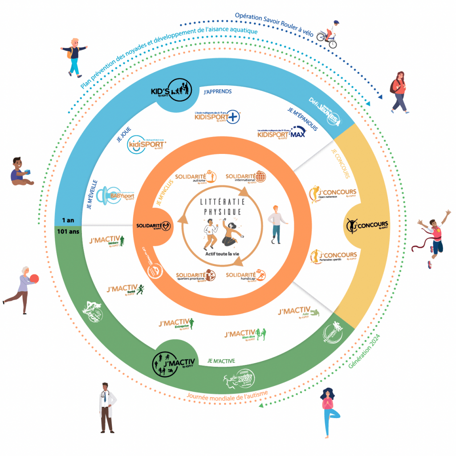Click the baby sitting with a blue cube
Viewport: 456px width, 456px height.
click(21, 171)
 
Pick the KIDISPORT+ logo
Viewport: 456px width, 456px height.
click(217, 116)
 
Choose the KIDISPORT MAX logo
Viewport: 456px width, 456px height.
click(281, 133)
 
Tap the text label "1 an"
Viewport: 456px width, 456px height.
click(68, 220)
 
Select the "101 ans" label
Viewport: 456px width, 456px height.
click(68, 232)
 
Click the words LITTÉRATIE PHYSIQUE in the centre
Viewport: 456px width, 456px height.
click(222, 207)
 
